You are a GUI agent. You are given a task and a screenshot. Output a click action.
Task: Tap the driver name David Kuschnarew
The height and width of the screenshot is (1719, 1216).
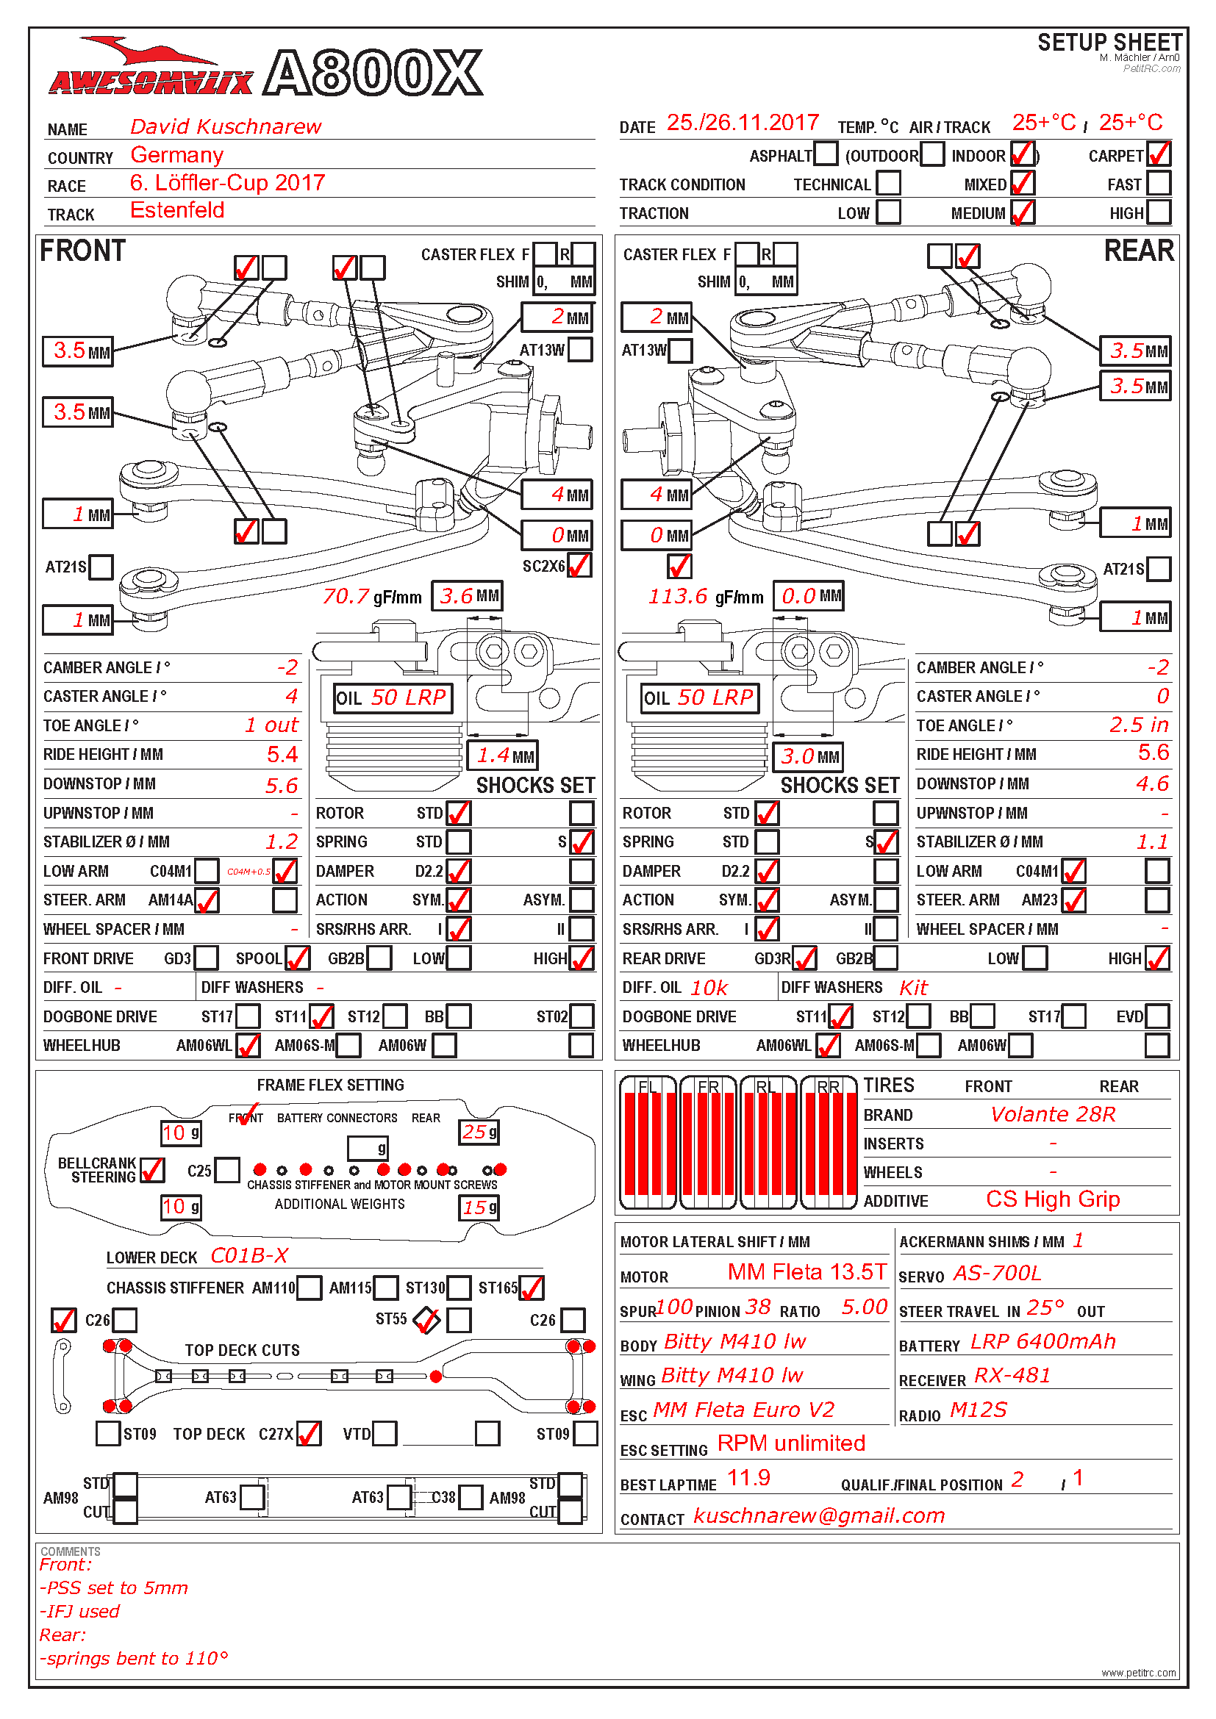coord(226,126)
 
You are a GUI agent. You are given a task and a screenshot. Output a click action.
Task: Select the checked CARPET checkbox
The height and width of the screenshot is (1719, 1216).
coord(1159,154)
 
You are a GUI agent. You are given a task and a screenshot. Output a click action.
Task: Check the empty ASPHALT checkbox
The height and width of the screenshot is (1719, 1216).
coord(825,154)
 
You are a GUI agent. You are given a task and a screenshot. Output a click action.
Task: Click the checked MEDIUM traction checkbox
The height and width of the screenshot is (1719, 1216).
coord(1022,212)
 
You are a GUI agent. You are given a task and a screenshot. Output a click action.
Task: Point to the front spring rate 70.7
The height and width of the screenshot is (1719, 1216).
coord(346,597)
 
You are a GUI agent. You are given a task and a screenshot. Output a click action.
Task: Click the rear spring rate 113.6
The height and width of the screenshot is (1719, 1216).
coord(678,597)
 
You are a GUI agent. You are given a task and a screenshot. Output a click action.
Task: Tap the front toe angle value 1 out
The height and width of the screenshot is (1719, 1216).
coord(272,725)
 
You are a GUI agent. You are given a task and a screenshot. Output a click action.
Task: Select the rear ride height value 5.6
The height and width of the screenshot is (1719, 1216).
coord(1153,753)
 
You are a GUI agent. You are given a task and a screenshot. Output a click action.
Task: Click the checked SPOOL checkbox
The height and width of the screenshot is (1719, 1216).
coord(297,958)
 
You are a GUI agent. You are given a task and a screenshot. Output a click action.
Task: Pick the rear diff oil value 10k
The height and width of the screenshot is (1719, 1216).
coord(708,988)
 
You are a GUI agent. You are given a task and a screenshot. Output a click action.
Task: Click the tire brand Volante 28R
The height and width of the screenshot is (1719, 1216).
coord(1052,1115)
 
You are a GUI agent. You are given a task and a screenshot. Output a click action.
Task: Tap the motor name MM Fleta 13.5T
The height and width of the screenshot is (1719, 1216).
coord(807,1272)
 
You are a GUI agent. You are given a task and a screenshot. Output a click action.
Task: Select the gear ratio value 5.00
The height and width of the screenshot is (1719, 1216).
coord(864,1307)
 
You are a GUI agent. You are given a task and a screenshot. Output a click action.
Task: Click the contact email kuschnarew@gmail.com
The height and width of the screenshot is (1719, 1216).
coord(819,1516)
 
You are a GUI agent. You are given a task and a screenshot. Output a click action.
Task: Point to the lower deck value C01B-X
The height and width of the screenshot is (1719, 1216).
coord(249,1255)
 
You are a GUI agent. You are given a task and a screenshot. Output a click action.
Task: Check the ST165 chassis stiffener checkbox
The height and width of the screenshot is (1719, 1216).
coord(531,1288)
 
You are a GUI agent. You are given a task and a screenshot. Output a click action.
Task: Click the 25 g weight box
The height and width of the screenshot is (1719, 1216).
coord(479,1132)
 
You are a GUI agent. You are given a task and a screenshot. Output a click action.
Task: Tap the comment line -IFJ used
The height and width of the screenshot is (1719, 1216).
coord(79,1611)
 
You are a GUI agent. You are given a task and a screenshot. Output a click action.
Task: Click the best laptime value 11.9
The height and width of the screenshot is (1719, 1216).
coord(748,1478)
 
